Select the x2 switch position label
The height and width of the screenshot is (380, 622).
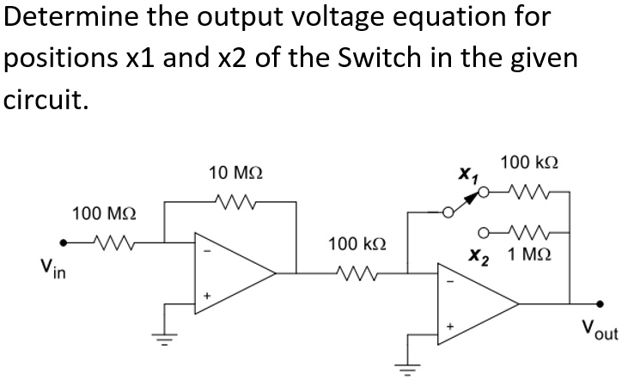click(x=479, y=257)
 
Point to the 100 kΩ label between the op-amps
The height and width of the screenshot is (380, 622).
click(x=351, y=245)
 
